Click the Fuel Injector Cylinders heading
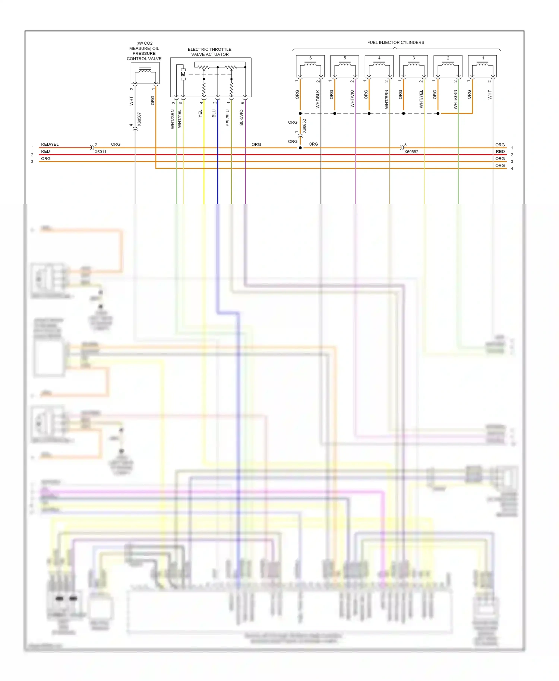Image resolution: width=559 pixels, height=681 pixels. (395, 42)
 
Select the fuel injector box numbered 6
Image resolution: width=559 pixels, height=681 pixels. (310, 66)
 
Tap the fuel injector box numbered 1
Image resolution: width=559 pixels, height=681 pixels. (482, 66)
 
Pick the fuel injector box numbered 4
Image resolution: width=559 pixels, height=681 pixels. (379, 66)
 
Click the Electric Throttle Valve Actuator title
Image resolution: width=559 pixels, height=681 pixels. (209, 52)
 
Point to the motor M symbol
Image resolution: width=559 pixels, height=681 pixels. (183, 75)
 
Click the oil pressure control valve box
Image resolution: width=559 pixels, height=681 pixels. (145, 73)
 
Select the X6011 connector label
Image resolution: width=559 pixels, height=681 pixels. (100, 152)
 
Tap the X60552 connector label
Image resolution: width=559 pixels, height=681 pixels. (411, 152)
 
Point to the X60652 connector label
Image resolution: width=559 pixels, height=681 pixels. (304, 126)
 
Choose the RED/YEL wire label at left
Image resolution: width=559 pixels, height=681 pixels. (50, 144)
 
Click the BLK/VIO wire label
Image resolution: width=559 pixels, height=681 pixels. (241, 117)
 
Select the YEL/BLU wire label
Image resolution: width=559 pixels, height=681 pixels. (228, 118)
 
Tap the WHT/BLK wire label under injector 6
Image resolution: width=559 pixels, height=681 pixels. (318, 99)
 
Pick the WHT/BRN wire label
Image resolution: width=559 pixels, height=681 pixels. (386, 99)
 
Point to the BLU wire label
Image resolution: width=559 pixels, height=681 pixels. (214, 114)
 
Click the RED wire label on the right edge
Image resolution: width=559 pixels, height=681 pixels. (500, 152)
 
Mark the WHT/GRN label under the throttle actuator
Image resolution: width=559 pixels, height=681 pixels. (173, 119)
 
